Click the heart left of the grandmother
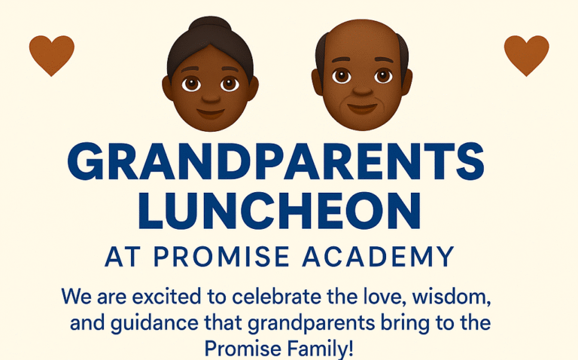[x=52, y=55]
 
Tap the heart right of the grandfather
[x=526, y=55]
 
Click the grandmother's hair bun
[x=210, y=25]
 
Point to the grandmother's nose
[x=211, y=97]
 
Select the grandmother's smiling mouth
[x=210, y=113]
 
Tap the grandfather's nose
[x=362, y=90]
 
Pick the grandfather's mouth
[x=362, y=108]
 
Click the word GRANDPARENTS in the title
[x=275, y=161]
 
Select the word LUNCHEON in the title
[x=280, y=211]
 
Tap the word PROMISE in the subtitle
[x=221, y=256]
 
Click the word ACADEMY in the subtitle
[x=379, y=256]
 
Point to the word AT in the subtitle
[x=123, y=256]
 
